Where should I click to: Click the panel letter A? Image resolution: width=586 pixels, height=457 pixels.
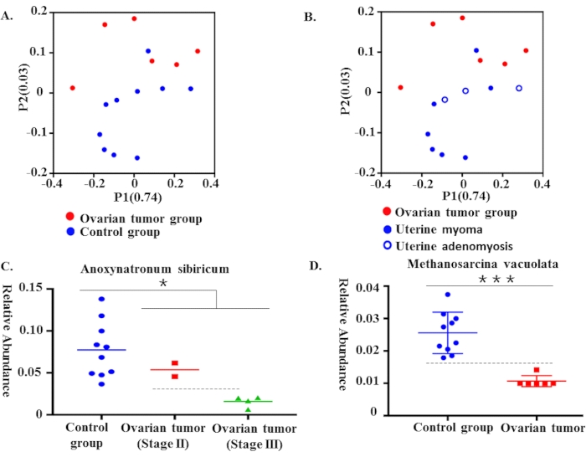(x=8, y=11)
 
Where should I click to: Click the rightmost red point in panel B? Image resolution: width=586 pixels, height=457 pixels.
(x=527, y=51)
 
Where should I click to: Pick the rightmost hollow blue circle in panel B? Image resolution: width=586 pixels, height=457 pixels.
(x=519, y=88)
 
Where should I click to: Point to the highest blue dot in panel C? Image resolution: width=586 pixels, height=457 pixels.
(x=102, y=299)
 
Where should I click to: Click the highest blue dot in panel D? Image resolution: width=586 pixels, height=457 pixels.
(x=448, y=295)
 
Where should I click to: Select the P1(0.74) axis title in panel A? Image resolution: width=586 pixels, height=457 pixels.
(x=135, y=198)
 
